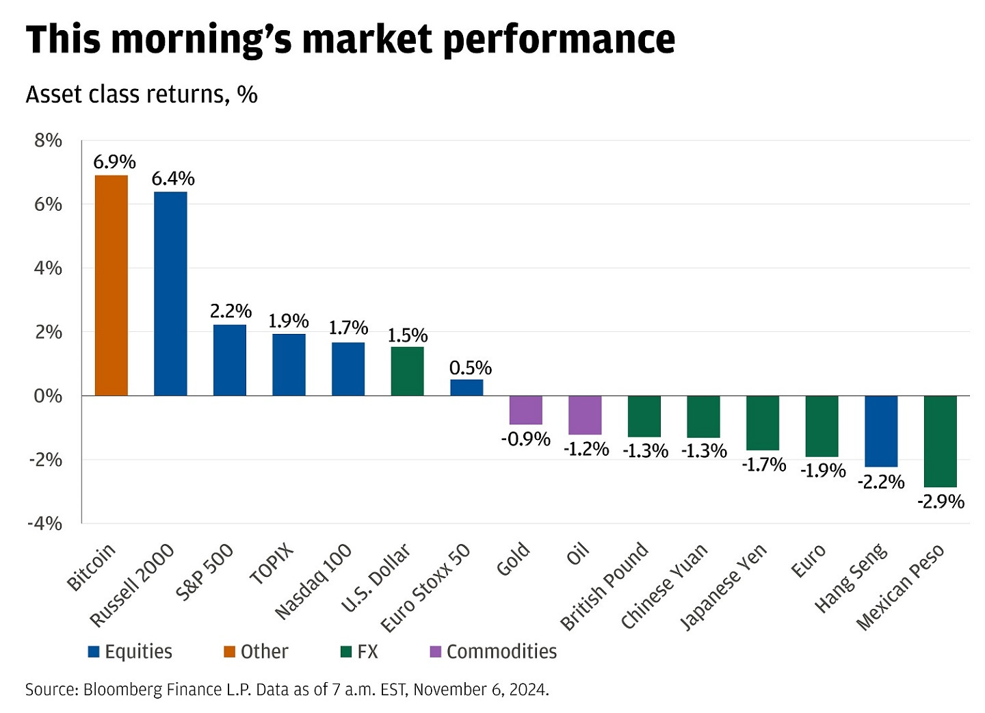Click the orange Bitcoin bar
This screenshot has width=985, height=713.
click(111, 285)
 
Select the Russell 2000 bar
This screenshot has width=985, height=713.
click(170, 294)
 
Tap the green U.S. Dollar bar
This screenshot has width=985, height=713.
click(407, 371)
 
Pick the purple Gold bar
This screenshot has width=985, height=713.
click(525, 410)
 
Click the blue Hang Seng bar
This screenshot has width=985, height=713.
click(881, 430)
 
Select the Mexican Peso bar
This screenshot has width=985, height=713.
click(940, 441)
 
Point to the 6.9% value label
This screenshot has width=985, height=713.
click(114, 162)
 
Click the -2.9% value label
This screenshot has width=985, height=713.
click(941, 502)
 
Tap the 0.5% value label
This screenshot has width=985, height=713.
click(470, 368)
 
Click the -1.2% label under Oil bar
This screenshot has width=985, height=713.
click(586, 449)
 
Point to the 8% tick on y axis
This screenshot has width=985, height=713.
click(48, 141)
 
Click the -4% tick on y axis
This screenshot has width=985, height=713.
click(44, 523)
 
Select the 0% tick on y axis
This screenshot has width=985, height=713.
click(48, 396)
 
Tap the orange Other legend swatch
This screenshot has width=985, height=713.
click(229, 651)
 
